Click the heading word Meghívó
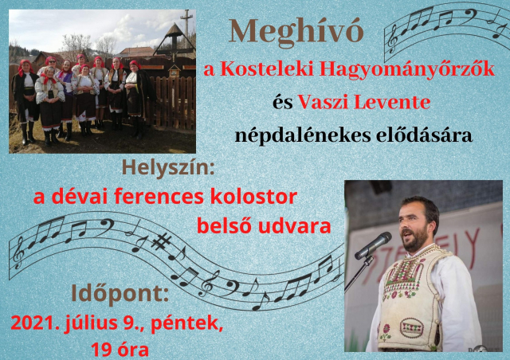click(x=296, y=32)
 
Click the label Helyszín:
click(x=168, y=169)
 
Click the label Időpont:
click(x=120, y=295)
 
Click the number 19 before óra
click(x=100, y=350)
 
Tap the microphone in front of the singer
click(x=373, y=245)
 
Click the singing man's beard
click(x=414, y=240)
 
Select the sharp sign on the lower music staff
click(x=162, y=241)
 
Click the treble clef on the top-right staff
click(x=393, y=39)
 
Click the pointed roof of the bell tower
click(x=175, y=30)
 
